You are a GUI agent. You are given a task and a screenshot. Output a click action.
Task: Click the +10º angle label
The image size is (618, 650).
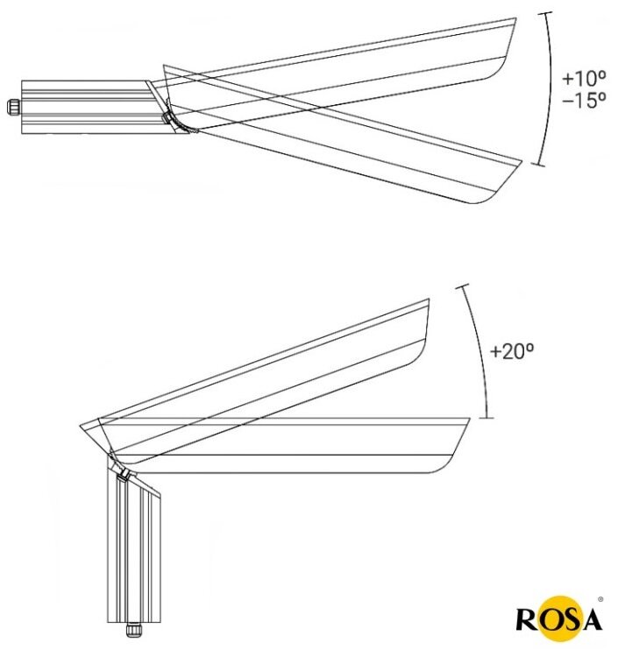coord(584,78)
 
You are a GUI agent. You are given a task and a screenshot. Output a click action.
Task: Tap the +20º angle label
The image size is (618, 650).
coord(512,352)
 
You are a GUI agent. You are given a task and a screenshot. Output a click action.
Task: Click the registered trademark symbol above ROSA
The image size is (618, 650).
coord(600,598)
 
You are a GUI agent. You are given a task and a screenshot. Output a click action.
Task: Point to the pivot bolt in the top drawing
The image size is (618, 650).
coord(166,118)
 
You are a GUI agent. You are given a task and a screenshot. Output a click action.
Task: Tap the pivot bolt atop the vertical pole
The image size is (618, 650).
coord(124,474)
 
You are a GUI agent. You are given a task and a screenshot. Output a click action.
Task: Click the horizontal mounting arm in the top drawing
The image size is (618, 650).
coord(83,106)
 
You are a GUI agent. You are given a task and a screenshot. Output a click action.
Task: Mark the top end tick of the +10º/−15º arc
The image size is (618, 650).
coord(548,12)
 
